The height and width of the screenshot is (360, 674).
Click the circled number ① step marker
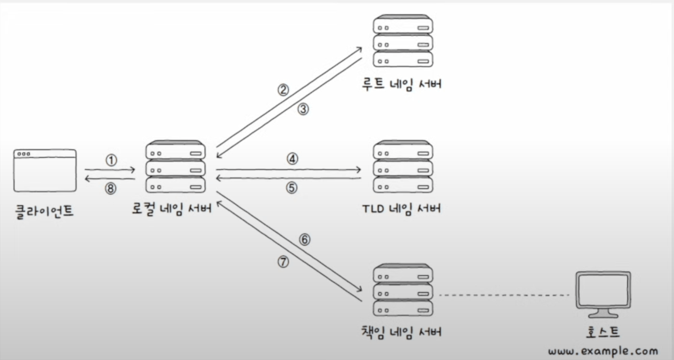click(111, 160)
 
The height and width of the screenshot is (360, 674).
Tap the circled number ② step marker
click(283, 90)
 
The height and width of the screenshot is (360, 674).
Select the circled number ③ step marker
click(303, 109)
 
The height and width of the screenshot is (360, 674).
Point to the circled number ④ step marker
click(292, 159)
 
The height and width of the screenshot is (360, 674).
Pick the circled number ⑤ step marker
click(292, 188)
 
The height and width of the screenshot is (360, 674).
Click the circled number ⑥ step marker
click(304, 240)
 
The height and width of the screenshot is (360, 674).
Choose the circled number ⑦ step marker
click(283, 262)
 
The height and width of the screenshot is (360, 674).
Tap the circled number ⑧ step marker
click(110, 188)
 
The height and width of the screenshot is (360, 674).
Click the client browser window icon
click(45, 170)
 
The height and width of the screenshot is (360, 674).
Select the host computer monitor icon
click(603, 295)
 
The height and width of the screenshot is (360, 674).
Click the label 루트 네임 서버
click(402, 83)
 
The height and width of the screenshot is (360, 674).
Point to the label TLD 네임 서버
click(402, 209)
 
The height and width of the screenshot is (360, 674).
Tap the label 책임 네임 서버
click(402, 332)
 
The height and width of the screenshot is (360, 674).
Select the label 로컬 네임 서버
click(172, 208)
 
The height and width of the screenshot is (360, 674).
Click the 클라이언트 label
click(44, 211)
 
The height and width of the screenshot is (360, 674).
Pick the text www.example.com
click(603, 351)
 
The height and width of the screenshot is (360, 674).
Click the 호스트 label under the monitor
click(603, 332)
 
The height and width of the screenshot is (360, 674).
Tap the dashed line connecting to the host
click(504, 295)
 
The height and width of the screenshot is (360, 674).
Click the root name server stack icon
click(403, 41)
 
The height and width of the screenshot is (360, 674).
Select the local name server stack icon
click(175, 166)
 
